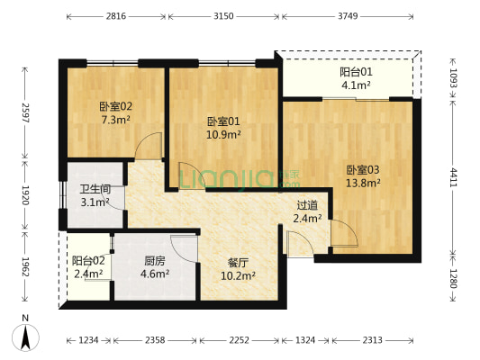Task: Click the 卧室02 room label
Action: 110,106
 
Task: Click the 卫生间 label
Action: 95,189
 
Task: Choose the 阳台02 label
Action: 88,261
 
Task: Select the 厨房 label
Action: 154,261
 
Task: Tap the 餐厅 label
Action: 238,263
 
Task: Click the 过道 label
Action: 307,204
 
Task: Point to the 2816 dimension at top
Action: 115,16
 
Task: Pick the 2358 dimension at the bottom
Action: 156,340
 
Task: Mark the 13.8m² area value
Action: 363,182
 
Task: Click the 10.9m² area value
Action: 222,135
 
